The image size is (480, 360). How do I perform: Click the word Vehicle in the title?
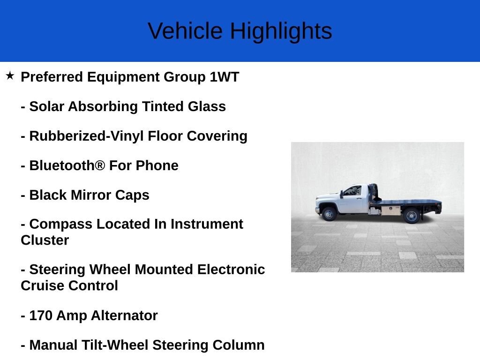(x=185, y=31)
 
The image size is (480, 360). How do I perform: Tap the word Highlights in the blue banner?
(x=281, y=32)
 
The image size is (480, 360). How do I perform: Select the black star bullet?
(x=10, y=75)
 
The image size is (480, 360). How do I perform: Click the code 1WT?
(x=225, y=77)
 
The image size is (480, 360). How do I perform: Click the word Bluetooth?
(x=62, y=165)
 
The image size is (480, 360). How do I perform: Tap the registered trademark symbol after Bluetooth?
(x=100, y=165)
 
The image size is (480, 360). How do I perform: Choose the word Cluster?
(x=45, y=240)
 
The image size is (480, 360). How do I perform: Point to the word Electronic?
(x=231, y=270)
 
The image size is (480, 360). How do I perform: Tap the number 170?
(x=41, y=315)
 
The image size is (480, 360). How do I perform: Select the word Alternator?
(x=124, y=315)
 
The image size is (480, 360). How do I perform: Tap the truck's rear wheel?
(x=412, y=216)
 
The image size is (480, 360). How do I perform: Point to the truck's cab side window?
(x=353, y=191)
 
